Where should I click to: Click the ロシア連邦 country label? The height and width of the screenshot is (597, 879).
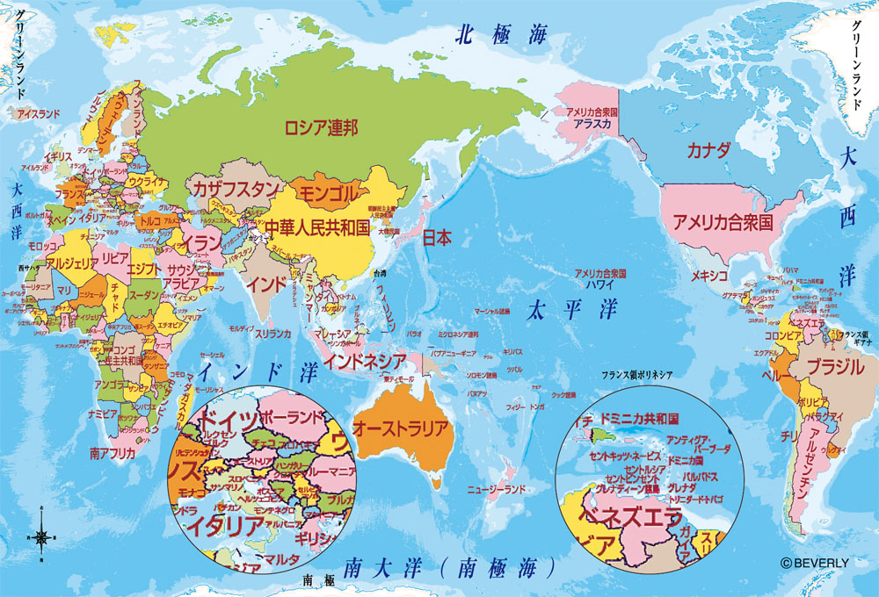321,128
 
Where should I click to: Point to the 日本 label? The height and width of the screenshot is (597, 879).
437,236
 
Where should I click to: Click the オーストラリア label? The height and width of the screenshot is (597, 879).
401,429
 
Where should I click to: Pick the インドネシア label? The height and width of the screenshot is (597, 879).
365,360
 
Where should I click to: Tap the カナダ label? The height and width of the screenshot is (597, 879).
709,148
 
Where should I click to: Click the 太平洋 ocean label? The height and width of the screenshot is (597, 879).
573,310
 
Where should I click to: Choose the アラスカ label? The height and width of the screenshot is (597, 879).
592,124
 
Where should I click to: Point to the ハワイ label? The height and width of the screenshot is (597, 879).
599,284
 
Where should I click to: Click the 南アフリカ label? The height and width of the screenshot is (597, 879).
113,454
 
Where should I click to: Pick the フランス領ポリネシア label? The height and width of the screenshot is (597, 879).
637,376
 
